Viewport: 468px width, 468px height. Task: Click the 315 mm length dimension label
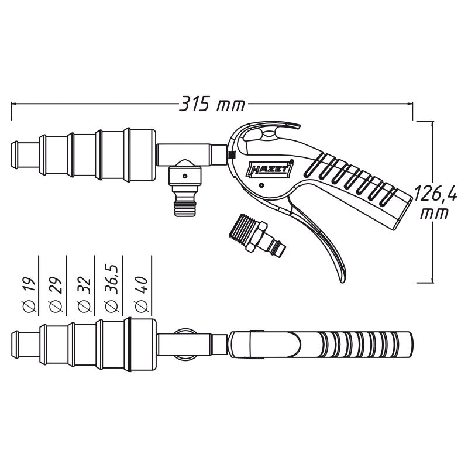(212, 104)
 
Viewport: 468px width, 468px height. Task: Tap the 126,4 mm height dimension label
(436, 202)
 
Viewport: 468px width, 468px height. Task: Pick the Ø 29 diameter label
(56, 295)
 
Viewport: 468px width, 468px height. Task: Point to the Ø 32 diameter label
(84, 295)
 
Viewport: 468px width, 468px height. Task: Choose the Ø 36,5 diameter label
(112, 288)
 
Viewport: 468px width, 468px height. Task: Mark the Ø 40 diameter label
(142, 295)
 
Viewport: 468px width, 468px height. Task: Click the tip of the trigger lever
(342, 280)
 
